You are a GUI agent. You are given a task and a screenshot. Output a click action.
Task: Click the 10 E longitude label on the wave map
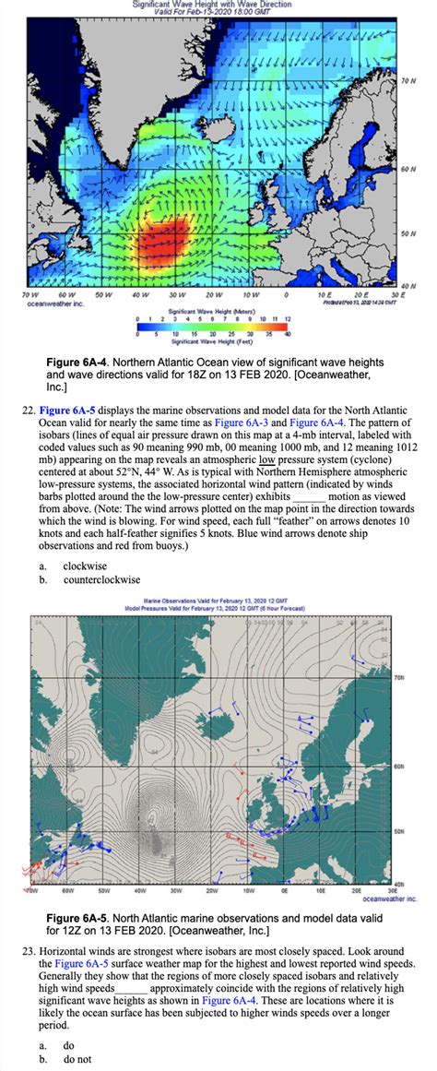tap(325, 294)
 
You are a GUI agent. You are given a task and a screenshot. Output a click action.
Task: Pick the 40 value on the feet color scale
tap(289, 335)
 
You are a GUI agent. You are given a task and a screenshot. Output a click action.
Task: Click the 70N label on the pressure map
tap(398, 678)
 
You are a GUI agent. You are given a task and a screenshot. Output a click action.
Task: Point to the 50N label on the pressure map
tap(398, 831)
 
